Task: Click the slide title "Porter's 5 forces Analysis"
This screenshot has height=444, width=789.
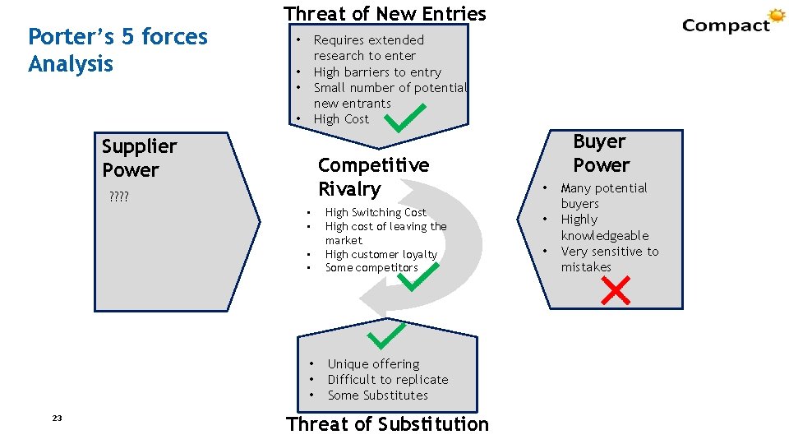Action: coord(118,50)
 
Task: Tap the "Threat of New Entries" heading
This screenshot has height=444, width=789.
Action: coord(385,14)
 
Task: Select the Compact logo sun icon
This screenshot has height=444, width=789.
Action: coord(776,16)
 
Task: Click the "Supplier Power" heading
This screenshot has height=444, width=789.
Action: coord(139,158)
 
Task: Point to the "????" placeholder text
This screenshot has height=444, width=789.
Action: coord(118,197)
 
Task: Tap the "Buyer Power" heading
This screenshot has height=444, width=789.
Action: coord(600,153)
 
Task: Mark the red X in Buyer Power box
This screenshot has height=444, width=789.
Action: coord(616,289)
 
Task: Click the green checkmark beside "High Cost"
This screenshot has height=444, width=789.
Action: coord(405,118)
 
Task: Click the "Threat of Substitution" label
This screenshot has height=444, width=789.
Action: coord(387,424)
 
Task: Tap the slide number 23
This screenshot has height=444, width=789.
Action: coord(57,419)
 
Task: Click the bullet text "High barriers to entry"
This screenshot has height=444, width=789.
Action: coord(377,72)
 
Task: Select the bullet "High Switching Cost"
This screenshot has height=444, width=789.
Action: coord(376,212)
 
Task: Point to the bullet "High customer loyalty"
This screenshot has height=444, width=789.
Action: coord(381,254)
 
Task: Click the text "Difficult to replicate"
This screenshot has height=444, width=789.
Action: coord(388,379)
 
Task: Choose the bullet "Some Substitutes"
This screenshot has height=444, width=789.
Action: coord(377,395)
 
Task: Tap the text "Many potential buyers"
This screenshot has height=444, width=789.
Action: coord(603,196)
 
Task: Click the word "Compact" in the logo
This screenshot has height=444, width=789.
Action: coord(725,25)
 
